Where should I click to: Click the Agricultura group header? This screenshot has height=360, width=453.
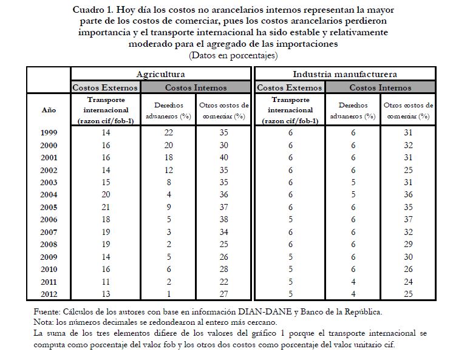tap(160, 74)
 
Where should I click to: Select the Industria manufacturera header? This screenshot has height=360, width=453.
tap(344, 74)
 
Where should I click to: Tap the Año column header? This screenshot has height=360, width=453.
tap(49, 110)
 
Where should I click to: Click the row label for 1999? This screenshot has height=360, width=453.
tap(49, 132)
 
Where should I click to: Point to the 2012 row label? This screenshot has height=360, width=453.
tap(49, 294)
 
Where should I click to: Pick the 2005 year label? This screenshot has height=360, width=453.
tap(49, 207)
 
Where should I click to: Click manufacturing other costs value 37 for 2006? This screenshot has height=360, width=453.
tap(409, 219)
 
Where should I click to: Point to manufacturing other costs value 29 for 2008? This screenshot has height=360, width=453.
tap(409, 245)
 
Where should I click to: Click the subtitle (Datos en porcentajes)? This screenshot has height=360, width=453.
tap(233, 55)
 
